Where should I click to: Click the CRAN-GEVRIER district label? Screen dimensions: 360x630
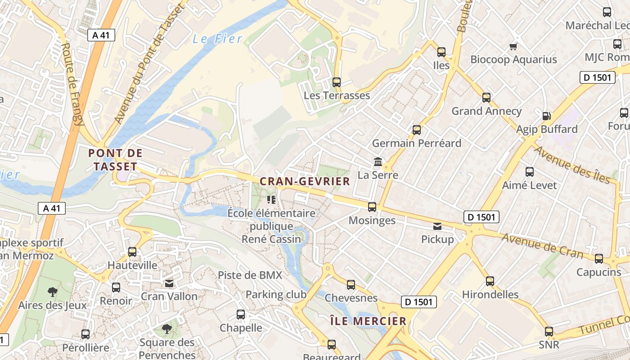tap(305, 181)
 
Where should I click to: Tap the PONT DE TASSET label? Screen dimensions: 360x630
tap(115, 160)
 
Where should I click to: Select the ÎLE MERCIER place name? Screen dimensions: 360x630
tap(368, 321)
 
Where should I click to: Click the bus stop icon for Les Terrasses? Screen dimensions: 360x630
tap(336, 82)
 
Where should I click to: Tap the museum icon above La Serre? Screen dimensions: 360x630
tap(378, 162)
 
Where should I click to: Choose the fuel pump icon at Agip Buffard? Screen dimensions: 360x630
tap(546, 116)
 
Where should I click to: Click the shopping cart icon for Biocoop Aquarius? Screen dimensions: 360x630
tap(513, 46)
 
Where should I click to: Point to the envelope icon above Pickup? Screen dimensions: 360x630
tap(437, 226)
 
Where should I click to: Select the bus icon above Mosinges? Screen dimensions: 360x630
tap(372, 207)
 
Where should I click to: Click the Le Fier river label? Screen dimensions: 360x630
tap(218, 39)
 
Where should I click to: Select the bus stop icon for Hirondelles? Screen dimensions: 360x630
tap(490, 281)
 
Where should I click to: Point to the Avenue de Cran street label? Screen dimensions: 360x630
tap(542, 246)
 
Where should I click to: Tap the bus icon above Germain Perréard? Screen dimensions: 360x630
tap(417, 130)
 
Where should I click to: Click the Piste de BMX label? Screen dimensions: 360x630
tap(250, 275)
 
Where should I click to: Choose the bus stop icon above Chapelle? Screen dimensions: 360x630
tap(241, 315)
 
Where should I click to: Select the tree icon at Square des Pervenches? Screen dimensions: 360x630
tap(167, 329)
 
